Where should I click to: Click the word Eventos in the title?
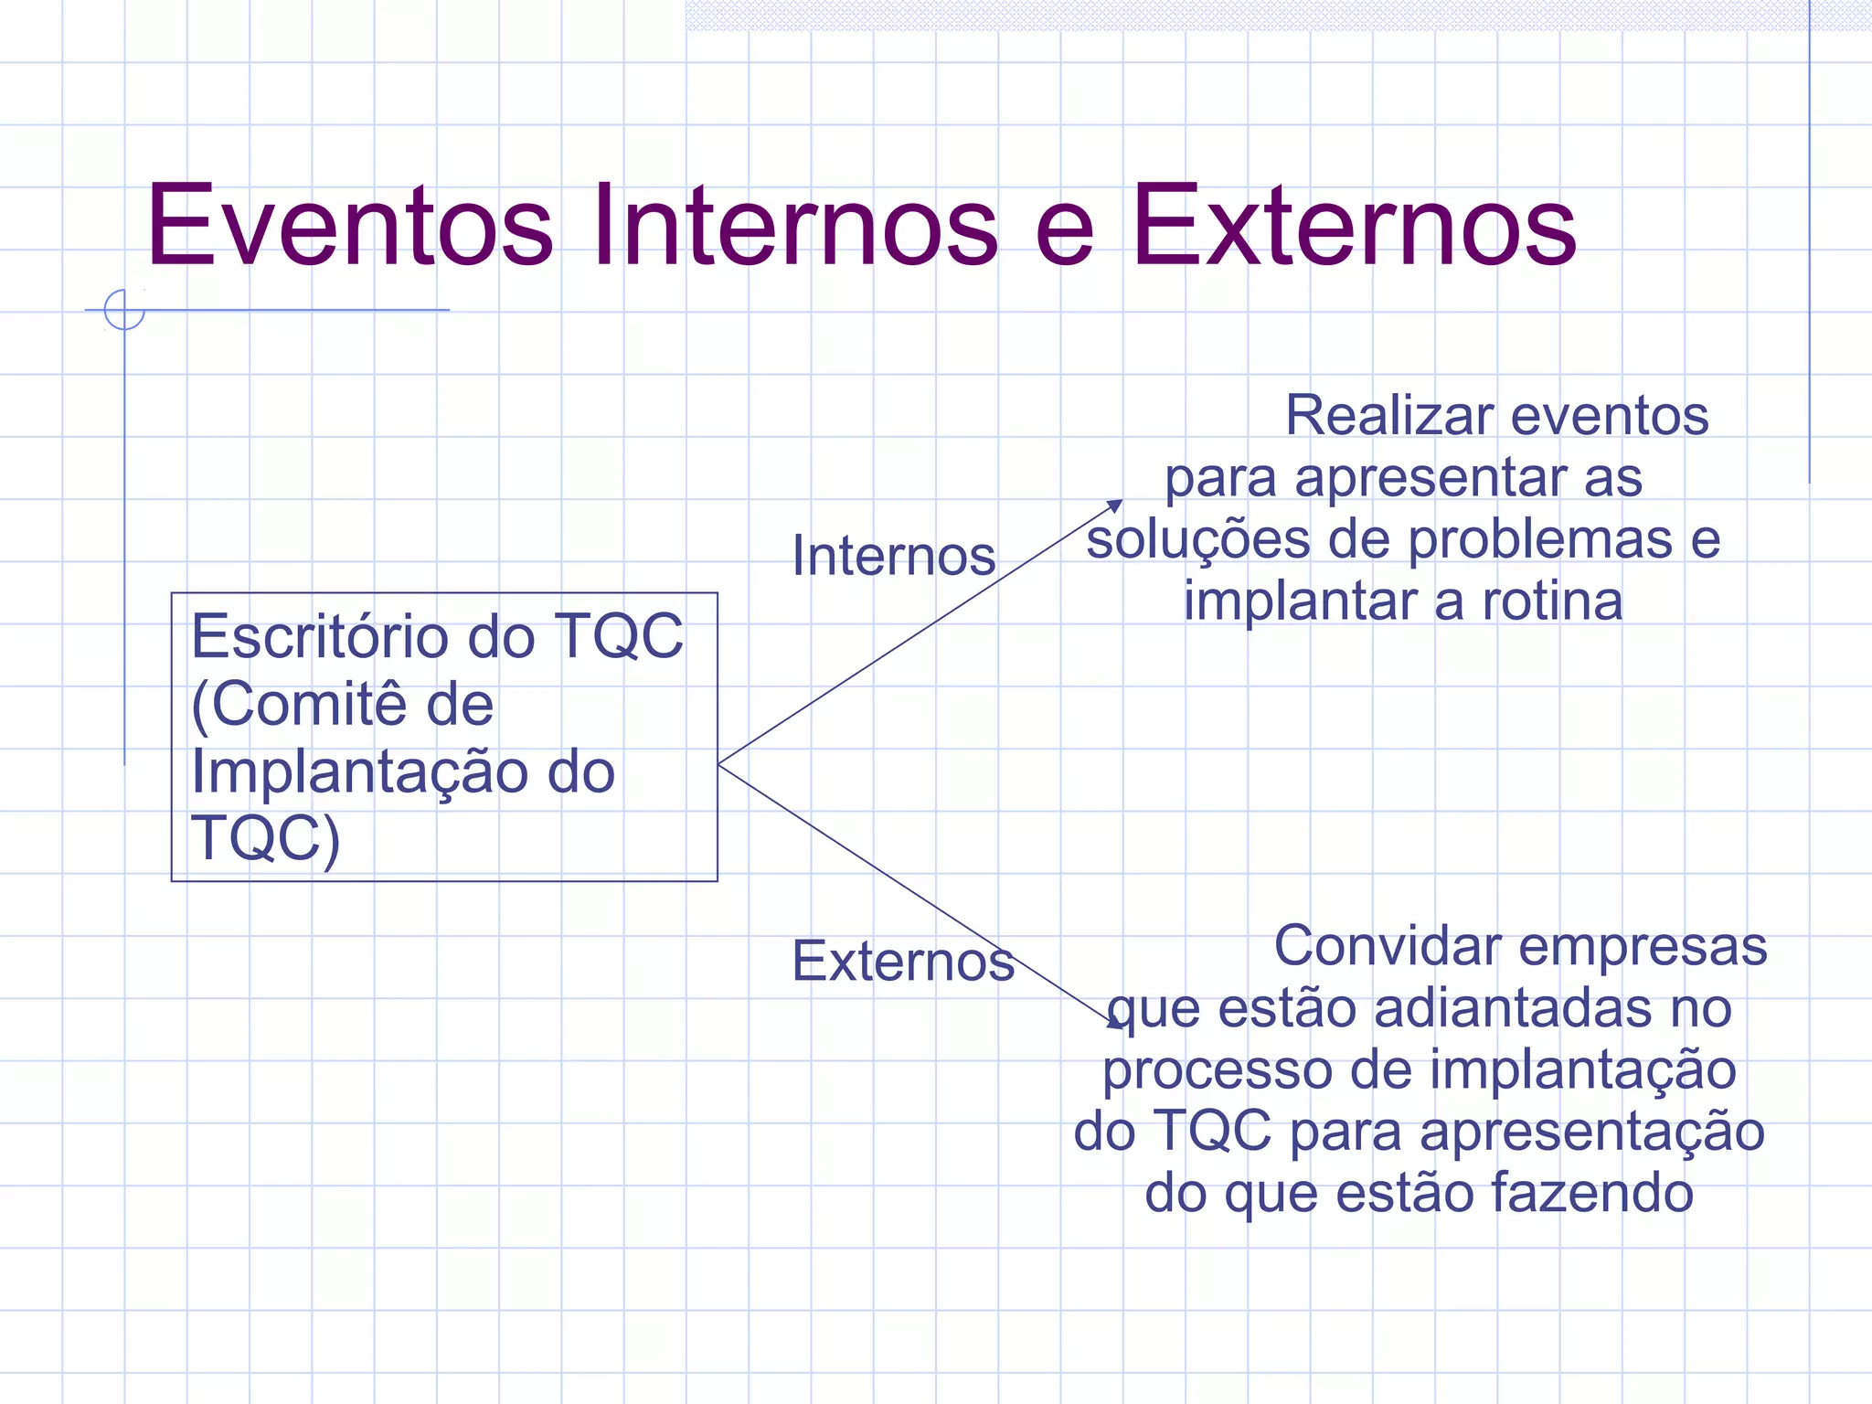pyautogui.click(x=350, y=226)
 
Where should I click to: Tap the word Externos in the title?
pyautogui.click(x=1354, y=226)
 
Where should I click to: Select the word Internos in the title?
pyautogui.click(x=795, y=226)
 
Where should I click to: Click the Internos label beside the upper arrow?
pyautogui.click(x=893, y=556)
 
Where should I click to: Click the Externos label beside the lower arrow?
pyautogui.click(x=903, y=962)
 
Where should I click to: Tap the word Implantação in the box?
pyautogui.click(x=357, y=771)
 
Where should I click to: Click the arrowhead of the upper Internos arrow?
pyautogui.click(x=1116, y=505)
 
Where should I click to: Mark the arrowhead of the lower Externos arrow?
pyautogui.click(x=1116, y=1024)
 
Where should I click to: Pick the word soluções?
pyautogui.click(x=1198, y=539)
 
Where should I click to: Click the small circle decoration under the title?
pyautogui.click(x=124, y=309)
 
